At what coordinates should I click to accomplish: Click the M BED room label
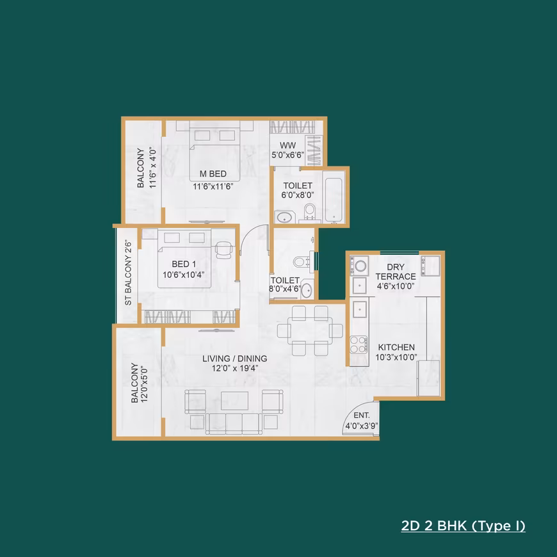213,174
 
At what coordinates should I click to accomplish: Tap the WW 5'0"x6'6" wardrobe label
287,150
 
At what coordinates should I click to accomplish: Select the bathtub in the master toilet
334,200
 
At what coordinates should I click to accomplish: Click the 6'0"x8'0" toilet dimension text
298,195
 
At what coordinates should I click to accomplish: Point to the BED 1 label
184,264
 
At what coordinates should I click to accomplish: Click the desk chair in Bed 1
224,250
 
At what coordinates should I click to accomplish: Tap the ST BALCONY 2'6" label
128,273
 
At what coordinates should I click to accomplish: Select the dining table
310,331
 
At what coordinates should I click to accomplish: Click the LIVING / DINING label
235,359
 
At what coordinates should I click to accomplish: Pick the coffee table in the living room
234,401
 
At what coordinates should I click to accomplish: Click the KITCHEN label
396,347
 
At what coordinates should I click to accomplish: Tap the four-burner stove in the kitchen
359,344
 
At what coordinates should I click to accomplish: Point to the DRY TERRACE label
396,271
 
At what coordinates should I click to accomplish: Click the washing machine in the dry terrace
360,266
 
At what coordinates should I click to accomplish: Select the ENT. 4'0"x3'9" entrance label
362,421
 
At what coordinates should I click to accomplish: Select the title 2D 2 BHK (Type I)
464,526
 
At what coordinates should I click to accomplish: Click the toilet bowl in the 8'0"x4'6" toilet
300,262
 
